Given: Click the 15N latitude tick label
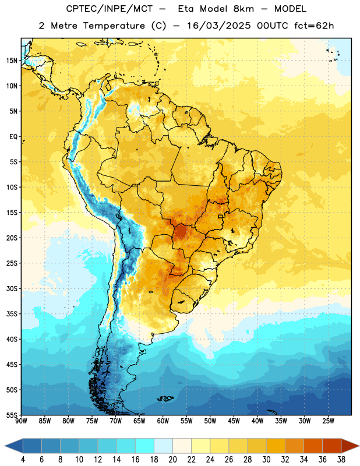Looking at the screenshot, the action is click(12, 61).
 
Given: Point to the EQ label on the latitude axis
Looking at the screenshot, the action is click(13, 137).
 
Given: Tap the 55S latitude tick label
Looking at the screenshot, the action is click(12, 415).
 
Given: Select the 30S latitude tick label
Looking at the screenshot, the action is click(12, 288).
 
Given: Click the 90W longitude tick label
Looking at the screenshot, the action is click(21, 421).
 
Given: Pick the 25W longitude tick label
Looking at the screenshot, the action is click(328, 421).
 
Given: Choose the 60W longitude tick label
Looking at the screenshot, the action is click(163, 421).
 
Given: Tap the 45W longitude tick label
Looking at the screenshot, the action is click(234, 421).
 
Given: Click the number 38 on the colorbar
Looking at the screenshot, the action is click(341, 460).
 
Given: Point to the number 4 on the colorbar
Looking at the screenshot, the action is click(23, 460).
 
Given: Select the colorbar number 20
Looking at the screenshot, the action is click(172, 460).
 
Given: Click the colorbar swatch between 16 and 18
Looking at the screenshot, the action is click(145, 446).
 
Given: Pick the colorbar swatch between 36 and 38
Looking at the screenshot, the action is click(332, 446).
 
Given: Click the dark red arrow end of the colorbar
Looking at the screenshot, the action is click(350, 446).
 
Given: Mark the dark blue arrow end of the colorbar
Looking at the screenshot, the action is click(14, 446).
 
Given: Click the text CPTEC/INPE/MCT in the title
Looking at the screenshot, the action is click(110, 9).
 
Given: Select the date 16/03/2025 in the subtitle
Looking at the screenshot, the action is click(219, 26).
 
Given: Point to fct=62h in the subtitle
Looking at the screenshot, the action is click(314, 26).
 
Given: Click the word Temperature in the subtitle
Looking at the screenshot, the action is click(114, 26).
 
